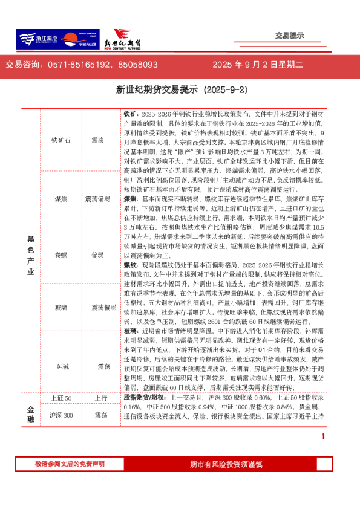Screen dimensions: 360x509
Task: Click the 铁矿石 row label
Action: point(61,140)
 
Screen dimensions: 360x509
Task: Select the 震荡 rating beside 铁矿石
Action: point(98,140)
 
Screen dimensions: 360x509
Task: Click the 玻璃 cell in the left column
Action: point(61,308)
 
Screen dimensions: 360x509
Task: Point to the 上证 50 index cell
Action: point(61,398)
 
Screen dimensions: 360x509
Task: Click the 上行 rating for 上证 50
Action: point(100,398)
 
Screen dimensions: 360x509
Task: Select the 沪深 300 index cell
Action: point(61,415)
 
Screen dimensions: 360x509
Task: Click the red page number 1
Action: point(323,436)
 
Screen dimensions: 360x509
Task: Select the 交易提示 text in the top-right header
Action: point(289,36)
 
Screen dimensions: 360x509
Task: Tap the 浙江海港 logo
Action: point(37,39)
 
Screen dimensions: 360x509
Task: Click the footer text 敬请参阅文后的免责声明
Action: point(70,464)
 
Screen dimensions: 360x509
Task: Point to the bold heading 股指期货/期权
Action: point(145,399)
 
